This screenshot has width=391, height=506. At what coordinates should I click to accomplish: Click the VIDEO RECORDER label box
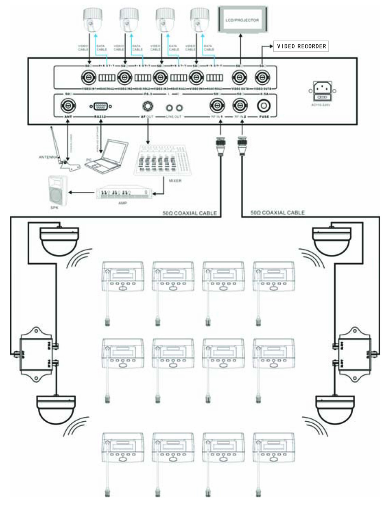coord(302,46)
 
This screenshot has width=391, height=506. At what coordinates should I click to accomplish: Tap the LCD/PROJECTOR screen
coord(242,20)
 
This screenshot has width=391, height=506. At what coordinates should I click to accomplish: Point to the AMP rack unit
coord(127,192)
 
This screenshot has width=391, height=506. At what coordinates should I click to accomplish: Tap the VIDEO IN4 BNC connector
coord(195,76)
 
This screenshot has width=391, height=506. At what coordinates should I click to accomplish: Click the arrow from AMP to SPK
coord(82,192)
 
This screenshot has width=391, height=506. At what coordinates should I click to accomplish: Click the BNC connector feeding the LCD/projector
coord(239,76)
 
